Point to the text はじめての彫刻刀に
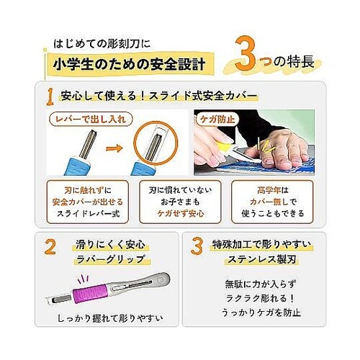pyautogui.click(x=107, y=42)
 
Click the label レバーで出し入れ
pyautogui.click(x=81, y=117)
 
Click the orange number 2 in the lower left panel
pyautogui.click(x=50, y=248)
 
